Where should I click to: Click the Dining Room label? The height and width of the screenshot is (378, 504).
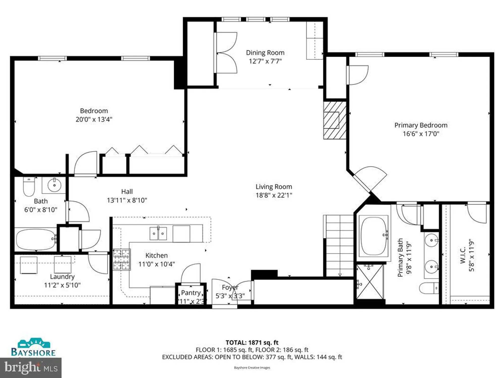pos(265,53)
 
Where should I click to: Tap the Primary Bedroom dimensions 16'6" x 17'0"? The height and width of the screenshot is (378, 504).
pos(421,134)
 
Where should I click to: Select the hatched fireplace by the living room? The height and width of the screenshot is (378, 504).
pos(335,120)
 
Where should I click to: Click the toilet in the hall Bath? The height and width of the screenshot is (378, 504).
pos(29,186)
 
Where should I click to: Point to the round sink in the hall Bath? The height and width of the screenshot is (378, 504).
pos(54,185)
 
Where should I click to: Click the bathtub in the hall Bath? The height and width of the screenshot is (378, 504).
pos(36,239)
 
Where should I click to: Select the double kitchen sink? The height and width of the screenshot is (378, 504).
pos(158,233)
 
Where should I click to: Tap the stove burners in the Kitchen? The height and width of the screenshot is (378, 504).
pos(121,260)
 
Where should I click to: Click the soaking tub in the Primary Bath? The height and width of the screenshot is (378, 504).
pos(373,236)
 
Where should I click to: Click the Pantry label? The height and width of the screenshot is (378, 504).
pos(191,293)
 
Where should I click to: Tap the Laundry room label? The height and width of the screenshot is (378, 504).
pos(62,276)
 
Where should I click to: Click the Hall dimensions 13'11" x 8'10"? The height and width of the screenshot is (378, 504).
pos(127,200)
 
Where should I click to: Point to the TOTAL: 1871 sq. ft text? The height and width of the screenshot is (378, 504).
pos(252,342)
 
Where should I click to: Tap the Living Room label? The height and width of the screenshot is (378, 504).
pos(274,187)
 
